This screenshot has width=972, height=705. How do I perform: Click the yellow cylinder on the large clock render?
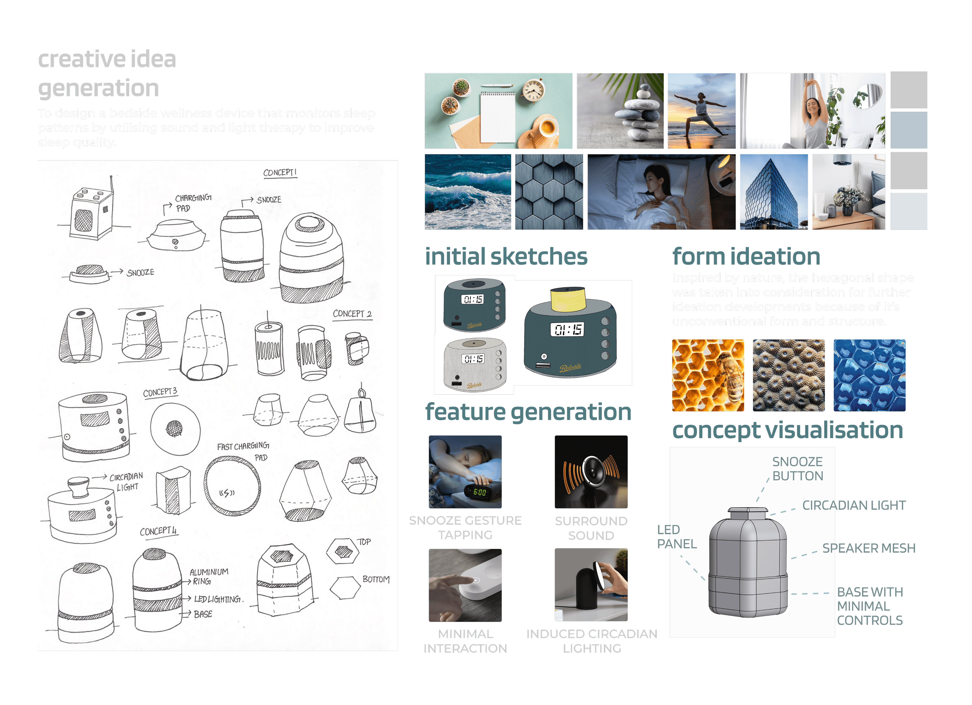click(x=568, y=299)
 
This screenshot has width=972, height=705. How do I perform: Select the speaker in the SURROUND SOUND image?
click(x=591, y=472)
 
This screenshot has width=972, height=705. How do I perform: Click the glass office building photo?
click(x=774, y=192)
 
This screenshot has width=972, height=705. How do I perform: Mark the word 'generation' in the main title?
click(x=99, y=88)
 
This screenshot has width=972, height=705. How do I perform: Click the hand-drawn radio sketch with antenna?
click(x=92, y=210)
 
